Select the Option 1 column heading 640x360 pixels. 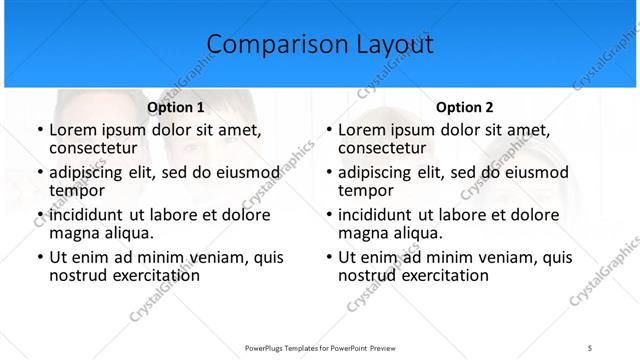click(175, 107)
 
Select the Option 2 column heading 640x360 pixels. click(465, 107)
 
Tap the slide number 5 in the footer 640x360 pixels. click(590, 347)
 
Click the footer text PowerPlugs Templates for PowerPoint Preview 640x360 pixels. click(320, 347)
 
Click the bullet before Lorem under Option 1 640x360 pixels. click(39, 130)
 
